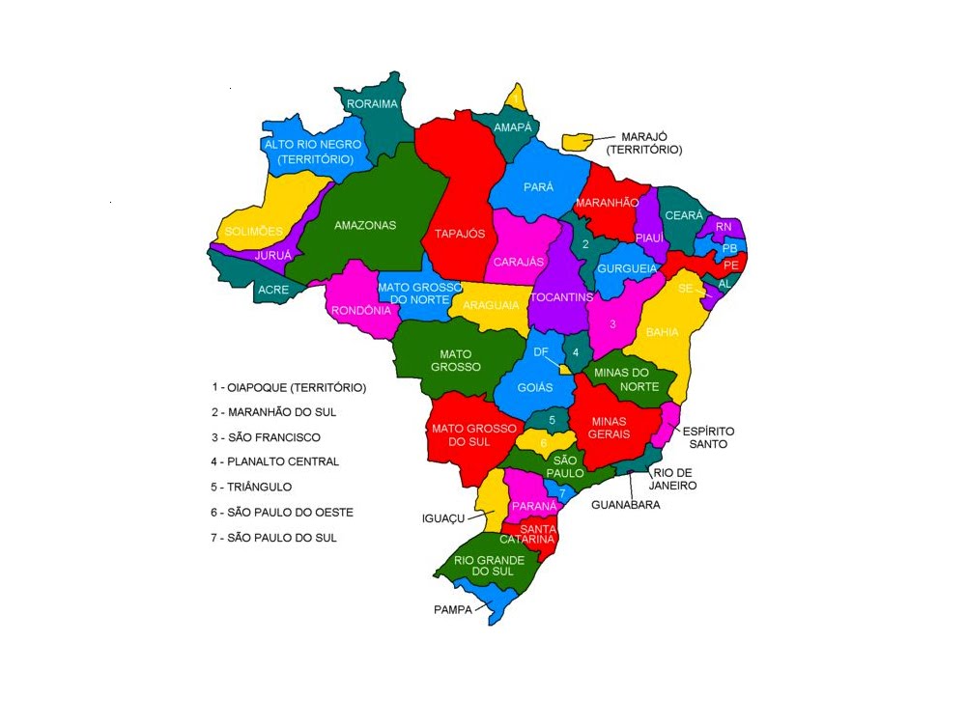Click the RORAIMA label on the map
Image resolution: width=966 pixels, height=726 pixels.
[x=372, y=104]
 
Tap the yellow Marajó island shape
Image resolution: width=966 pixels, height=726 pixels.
[x=579, y=141]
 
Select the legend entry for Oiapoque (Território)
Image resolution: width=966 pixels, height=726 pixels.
[x=289, y=387]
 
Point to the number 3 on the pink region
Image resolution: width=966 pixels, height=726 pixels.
[x=612, y=324]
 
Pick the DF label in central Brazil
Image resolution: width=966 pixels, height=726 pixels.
[x=541, y=352]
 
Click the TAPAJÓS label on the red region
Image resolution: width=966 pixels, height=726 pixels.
[x=459, y=234]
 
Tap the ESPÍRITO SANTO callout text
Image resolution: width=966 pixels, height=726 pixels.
[x=708, y=437]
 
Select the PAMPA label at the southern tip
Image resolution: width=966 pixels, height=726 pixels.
[x=452, y=609]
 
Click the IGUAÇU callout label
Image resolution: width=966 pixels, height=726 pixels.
[x=443, y=518]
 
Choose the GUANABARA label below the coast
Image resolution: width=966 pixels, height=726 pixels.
[x=625, y=504]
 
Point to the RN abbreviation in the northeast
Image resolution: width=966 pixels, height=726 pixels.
[x=724, y=227]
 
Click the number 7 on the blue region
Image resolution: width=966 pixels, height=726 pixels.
[x=561, y=493]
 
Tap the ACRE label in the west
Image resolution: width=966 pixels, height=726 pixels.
[x=273, y=289]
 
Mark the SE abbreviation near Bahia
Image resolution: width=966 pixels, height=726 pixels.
[x=685, y=288]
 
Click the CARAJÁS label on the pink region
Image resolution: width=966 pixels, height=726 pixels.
[x=519, y=262]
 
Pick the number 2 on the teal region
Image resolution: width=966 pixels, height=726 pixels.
[x=585, y=244]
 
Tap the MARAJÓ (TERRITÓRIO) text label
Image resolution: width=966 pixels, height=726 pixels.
[x=643, y=144]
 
